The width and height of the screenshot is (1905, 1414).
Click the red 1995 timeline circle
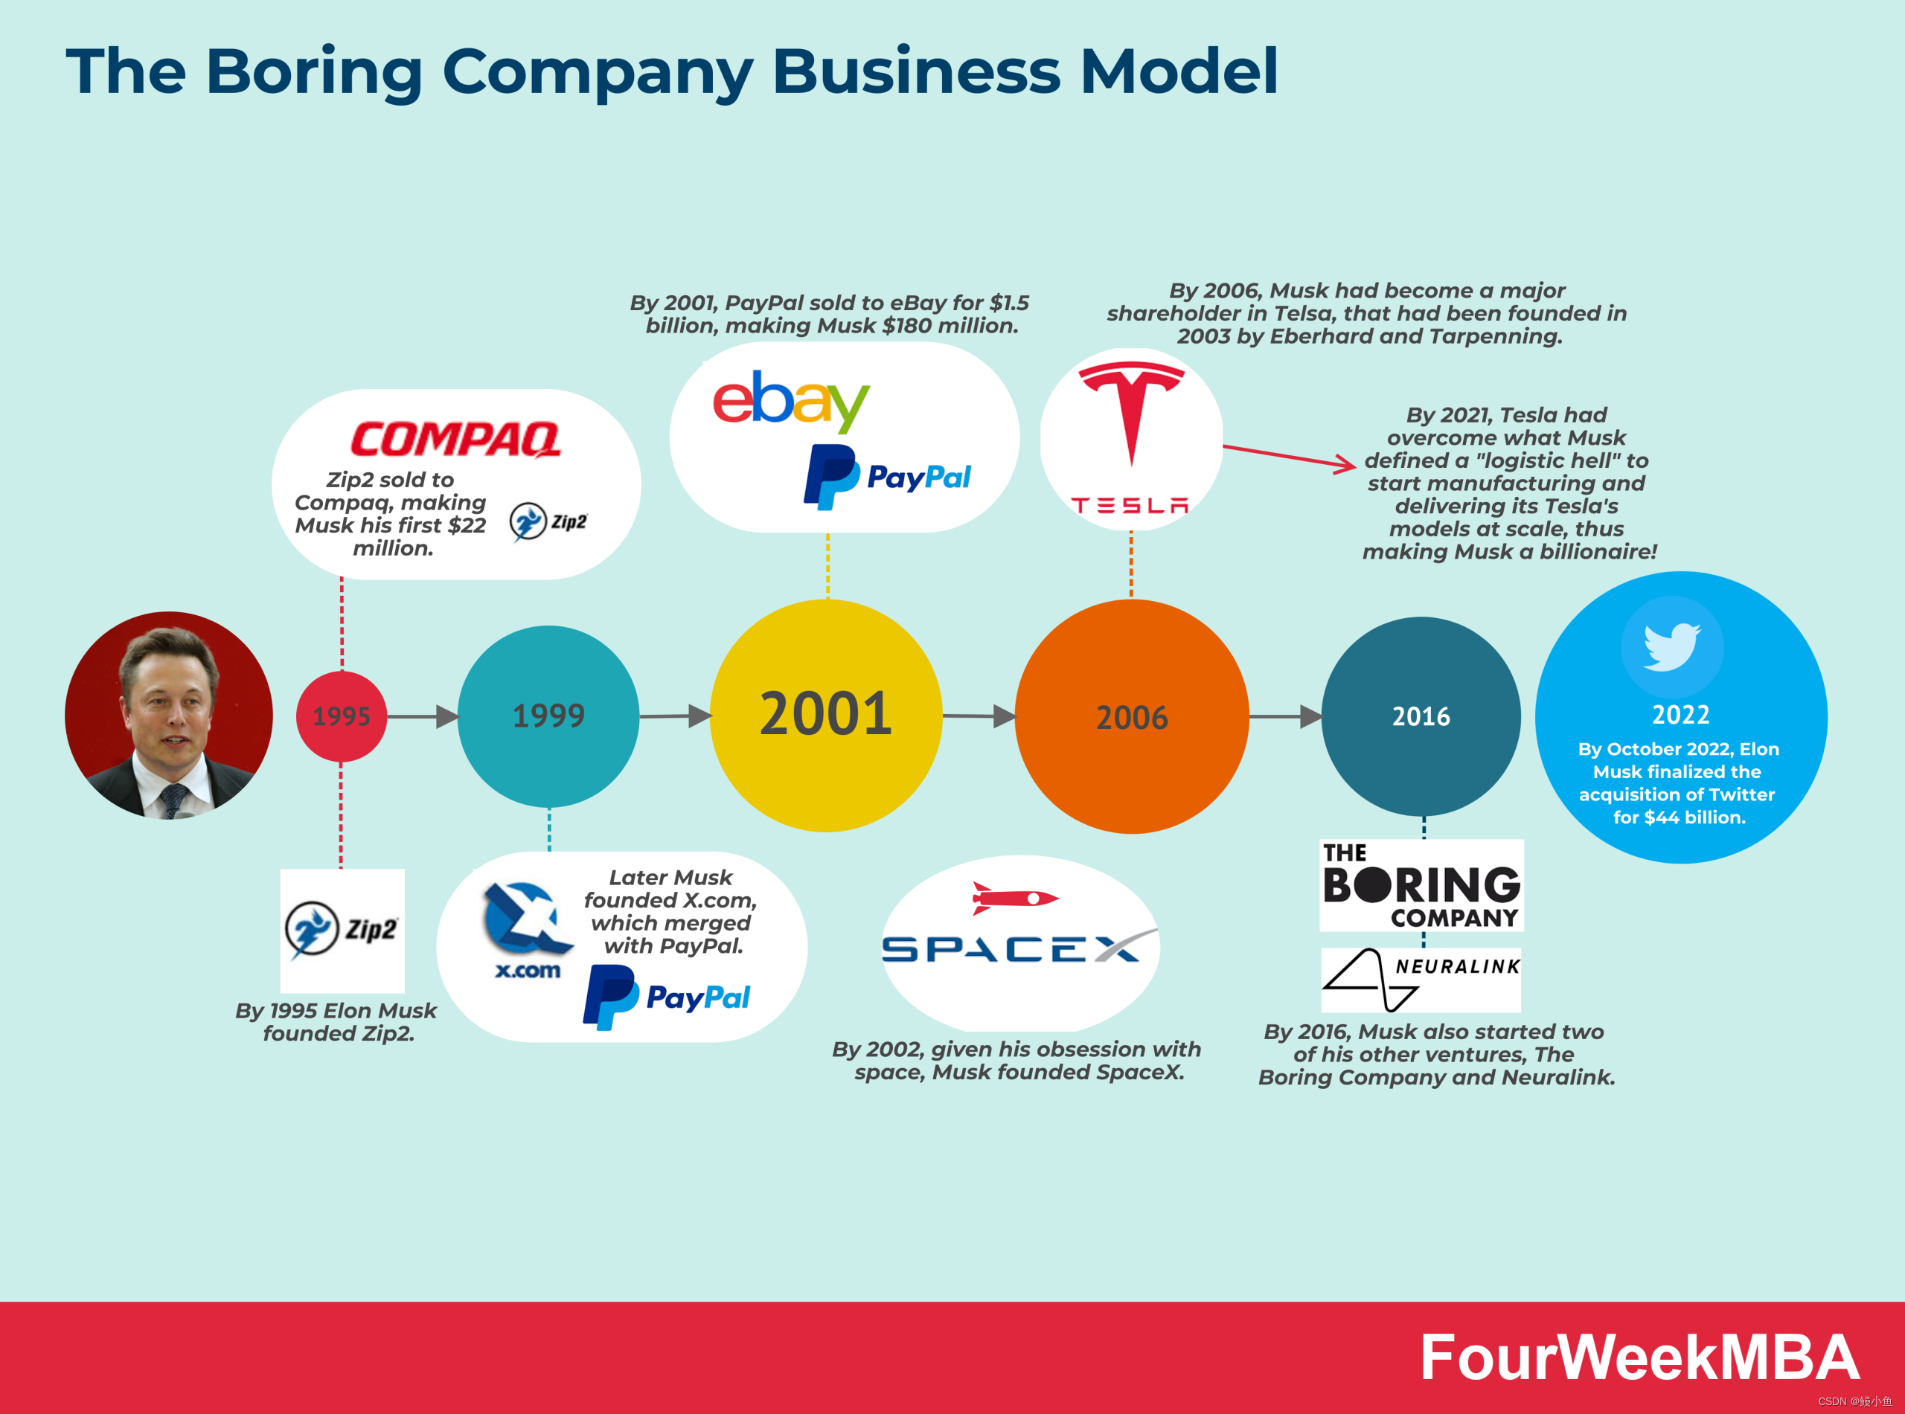pos(341,716)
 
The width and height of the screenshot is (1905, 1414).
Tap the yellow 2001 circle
pos(826,715)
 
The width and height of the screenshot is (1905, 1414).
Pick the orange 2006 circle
pos(1132,716)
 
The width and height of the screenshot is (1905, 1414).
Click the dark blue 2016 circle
pos(1421,716)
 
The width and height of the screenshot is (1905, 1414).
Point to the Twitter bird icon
pos(1671,646)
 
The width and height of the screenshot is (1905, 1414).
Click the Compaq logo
pos(455,439)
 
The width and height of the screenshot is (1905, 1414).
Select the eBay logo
pos(790,401)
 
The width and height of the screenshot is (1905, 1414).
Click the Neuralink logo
pos(1421,979)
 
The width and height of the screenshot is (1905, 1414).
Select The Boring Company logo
pos(1421,885)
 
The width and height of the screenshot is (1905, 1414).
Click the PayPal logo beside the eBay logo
pos(887,477)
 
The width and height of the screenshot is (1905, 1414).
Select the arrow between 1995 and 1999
pos(422,716)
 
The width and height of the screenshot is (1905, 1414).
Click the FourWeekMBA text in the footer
pos(1639,1357)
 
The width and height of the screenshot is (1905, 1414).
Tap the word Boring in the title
pos(313,71)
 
